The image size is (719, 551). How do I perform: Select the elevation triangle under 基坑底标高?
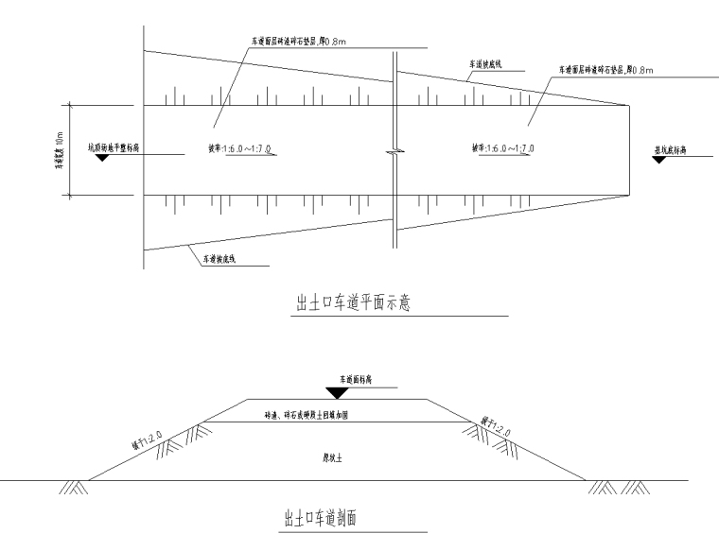tap(658, 158)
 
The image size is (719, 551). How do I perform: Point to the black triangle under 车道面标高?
tap(335, 392)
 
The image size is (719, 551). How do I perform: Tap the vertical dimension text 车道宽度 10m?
tap(59, 149)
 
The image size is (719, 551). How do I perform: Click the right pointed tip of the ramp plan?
tap(631, 106)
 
